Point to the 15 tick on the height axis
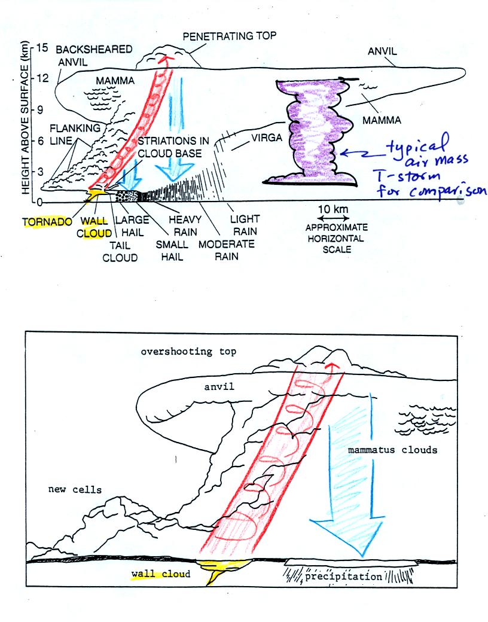[x=42, y=47]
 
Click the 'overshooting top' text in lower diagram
[x=188, y=352]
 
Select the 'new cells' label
[x=75, y=490]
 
